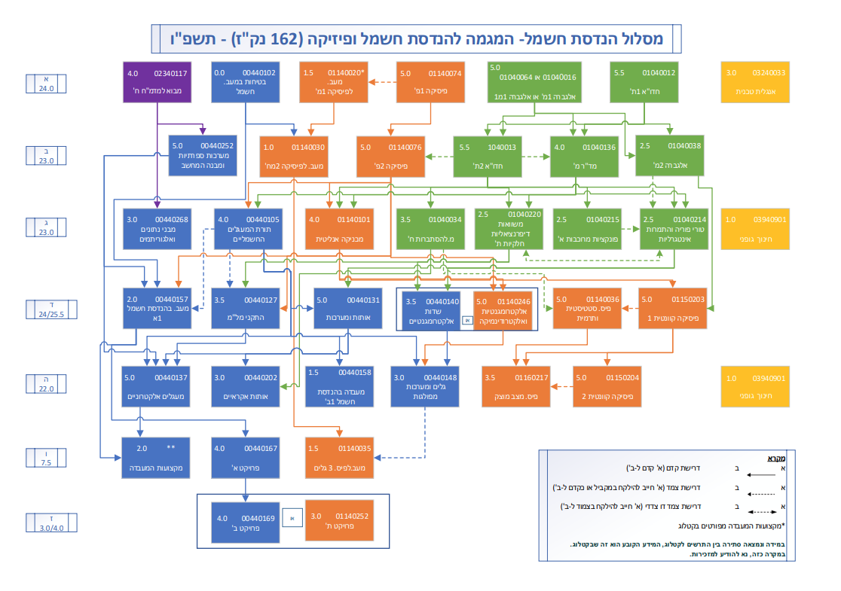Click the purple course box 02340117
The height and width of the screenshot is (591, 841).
tap(157, 83)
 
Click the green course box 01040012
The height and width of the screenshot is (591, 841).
tap(643, 83)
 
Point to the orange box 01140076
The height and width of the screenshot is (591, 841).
tap(389, 154)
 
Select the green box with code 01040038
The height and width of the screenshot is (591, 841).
tap(668, 154)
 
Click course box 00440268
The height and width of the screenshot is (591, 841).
tap(157, 228)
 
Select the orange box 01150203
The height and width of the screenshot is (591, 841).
tap(672, 308)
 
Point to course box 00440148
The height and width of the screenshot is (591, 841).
tap(424, 385)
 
